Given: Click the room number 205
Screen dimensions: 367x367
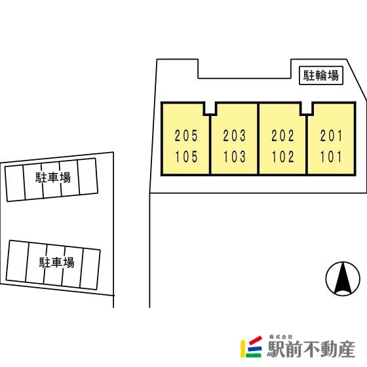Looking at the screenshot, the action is tap(186, 136).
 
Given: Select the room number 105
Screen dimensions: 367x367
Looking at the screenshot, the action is tap(186, 157).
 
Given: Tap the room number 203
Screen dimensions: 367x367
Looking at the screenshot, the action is tap(235, 136).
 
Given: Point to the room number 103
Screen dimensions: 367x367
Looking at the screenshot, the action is tap(235, 157).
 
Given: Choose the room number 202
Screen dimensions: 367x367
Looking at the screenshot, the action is tap(282, 136).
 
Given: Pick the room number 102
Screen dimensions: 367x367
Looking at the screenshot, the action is tap(282, 157).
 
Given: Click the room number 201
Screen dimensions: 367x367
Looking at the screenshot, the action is tap(331, 136).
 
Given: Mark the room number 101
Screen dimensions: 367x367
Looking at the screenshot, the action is tap(331, 157).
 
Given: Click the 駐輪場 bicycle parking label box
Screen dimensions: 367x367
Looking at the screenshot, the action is tap(321, 75).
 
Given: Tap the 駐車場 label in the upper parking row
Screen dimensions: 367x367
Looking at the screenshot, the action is tap(53, 178).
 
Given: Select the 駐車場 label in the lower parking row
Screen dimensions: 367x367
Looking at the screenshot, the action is tap(56, 262).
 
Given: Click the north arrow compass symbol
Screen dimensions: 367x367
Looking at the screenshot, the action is tap(343, 279).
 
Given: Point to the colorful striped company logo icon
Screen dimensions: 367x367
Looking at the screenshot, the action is tap(252, 347).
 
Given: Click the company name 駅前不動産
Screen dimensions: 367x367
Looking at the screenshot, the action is tap(311, 349).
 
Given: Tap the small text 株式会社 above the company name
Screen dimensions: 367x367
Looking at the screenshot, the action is tap(280, 337).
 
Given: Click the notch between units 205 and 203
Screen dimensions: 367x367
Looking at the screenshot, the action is tap(210, 108).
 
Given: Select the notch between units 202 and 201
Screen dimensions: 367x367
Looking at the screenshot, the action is tap(307, 108).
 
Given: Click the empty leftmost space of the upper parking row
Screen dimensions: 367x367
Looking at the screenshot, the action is tap(15, 183).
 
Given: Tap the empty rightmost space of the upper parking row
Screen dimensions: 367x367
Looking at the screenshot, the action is tap(88, 176).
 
